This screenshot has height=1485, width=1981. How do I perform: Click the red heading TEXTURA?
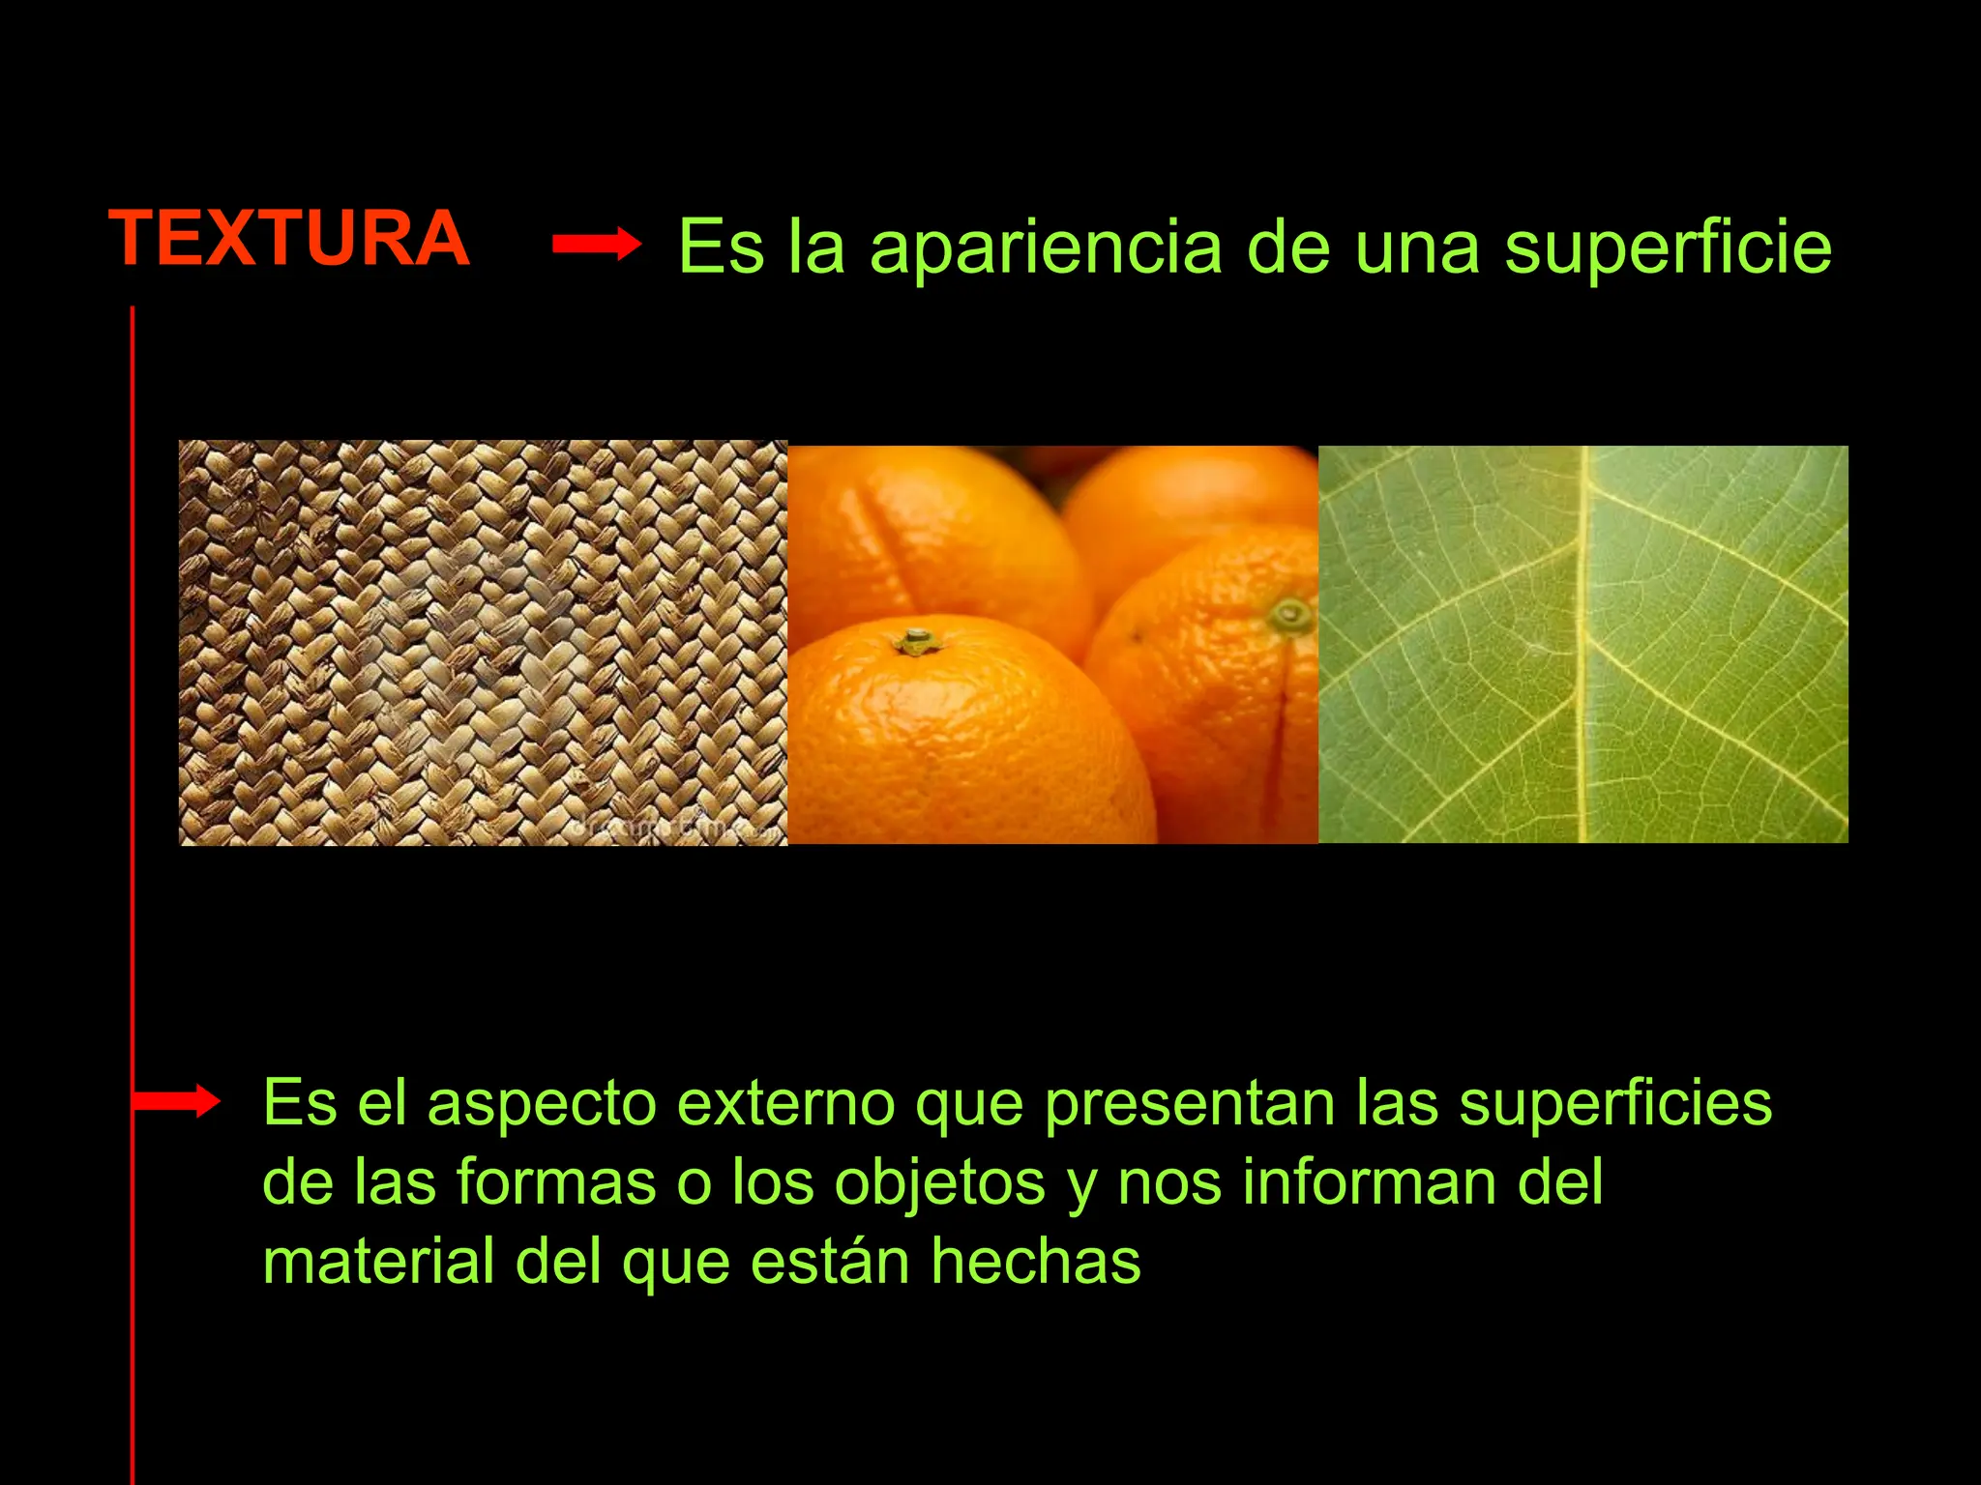tap(289, 239)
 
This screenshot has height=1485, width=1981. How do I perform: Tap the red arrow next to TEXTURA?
tap(597, 245)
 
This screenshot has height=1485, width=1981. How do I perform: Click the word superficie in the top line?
tap(1668, 249)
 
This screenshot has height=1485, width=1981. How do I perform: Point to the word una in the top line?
tap(1417, 247)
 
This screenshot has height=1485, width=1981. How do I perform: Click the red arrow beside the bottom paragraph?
tap(176, 1100)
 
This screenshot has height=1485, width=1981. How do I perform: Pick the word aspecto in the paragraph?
tap(542, 1103)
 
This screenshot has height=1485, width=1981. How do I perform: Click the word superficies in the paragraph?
tap(1615, 1103)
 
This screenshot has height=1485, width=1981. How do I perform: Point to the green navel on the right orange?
tap(1289, 614)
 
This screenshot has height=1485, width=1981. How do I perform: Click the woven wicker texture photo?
tap(483, 643)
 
